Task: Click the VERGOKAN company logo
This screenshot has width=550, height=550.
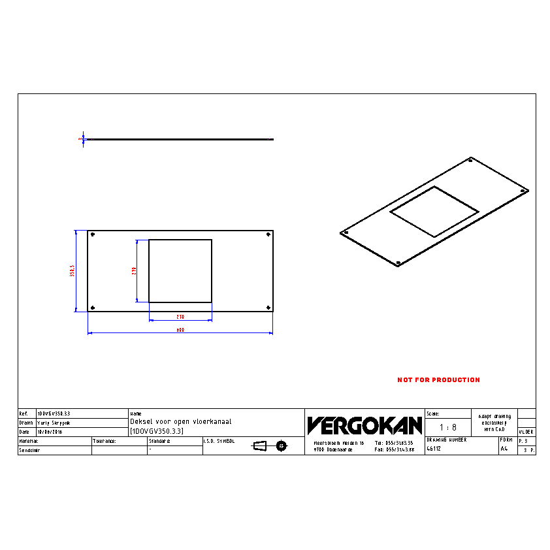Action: (x=364, y=426)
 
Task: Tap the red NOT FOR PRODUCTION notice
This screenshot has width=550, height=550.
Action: (x=438, y=380)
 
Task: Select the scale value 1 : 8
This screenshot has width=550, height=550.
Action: (x=447, y=427)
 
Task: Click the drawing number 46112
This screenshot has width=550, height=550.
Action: (x=434, y=449)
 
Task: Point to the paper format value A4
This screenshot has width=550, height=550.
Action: (x=504, y=449)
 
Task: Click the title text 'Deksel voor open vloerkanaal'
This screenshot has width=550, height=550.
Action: (x=181, y=422)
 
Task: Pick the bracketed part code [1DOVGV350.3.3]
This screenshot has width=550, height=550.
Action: (x=157, y=431)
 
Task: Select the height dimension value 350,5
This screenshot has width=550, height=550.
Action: (x=73, y=271)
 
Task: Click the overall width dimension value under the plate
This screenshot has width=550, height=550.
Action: (x=180, y=331)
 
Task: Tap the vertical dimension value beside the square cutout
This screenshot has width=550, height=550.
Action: (x=134, y=270)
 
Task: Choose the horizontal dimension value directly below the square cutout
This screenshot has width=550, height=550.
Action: (x=180, y=317)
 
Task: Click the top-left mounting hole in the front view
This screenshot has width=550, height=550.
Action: (x=93, y=235)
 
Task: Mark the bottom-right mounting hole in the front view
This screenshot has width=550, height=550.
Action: (x=268, y=308)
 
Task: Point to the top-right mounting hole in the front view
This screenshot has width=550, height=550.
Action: (x=268, y=235)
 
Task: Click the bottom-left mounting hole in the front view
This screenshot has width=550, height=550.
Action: (x=93, y=308)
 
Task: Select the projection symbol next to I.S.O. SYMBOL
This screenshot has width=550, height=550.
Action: (x=270, y=446)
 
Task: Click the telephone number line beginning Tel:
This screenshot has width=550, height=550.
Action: (x=394, y=443)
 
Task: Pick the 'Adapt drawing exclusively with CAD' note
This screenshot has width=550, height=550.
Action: (x=494, y=422)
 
